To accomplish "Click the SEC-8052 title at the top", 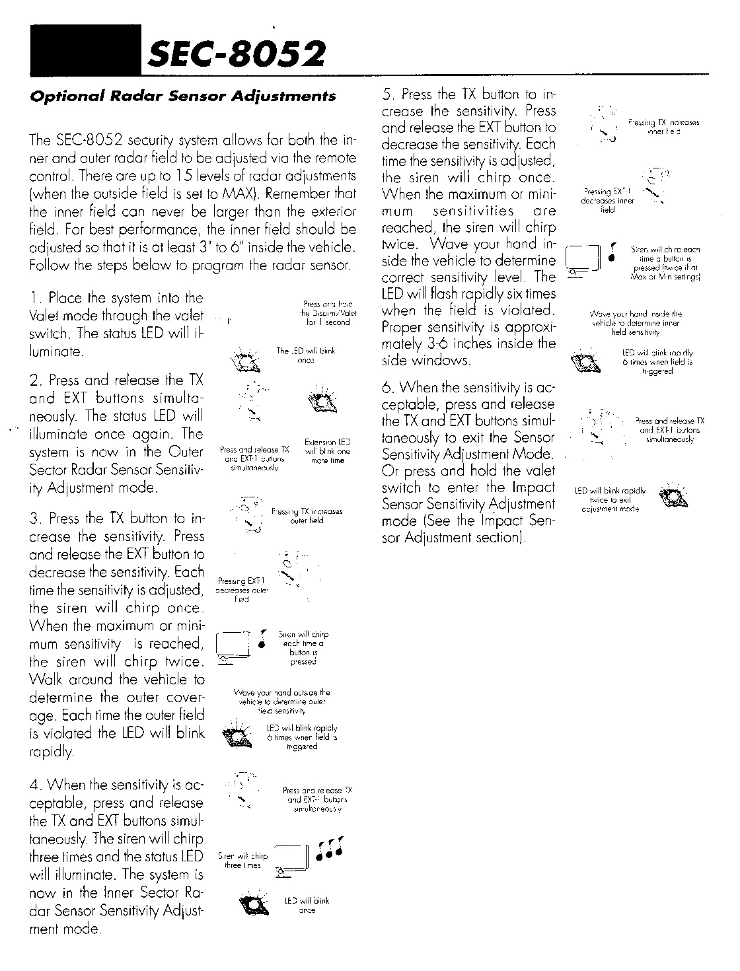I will coord(238,55).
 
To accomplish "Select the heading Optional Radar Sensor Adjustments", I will coord(183,96).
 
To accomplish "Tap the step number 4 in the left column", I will coord(34,785).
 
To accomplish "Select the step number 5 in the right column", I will coord(388,95).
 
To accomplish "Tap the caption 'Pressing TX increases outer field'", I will coord(307,516).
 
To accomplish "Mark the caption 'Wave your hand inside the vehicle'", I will coord(635,324).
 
